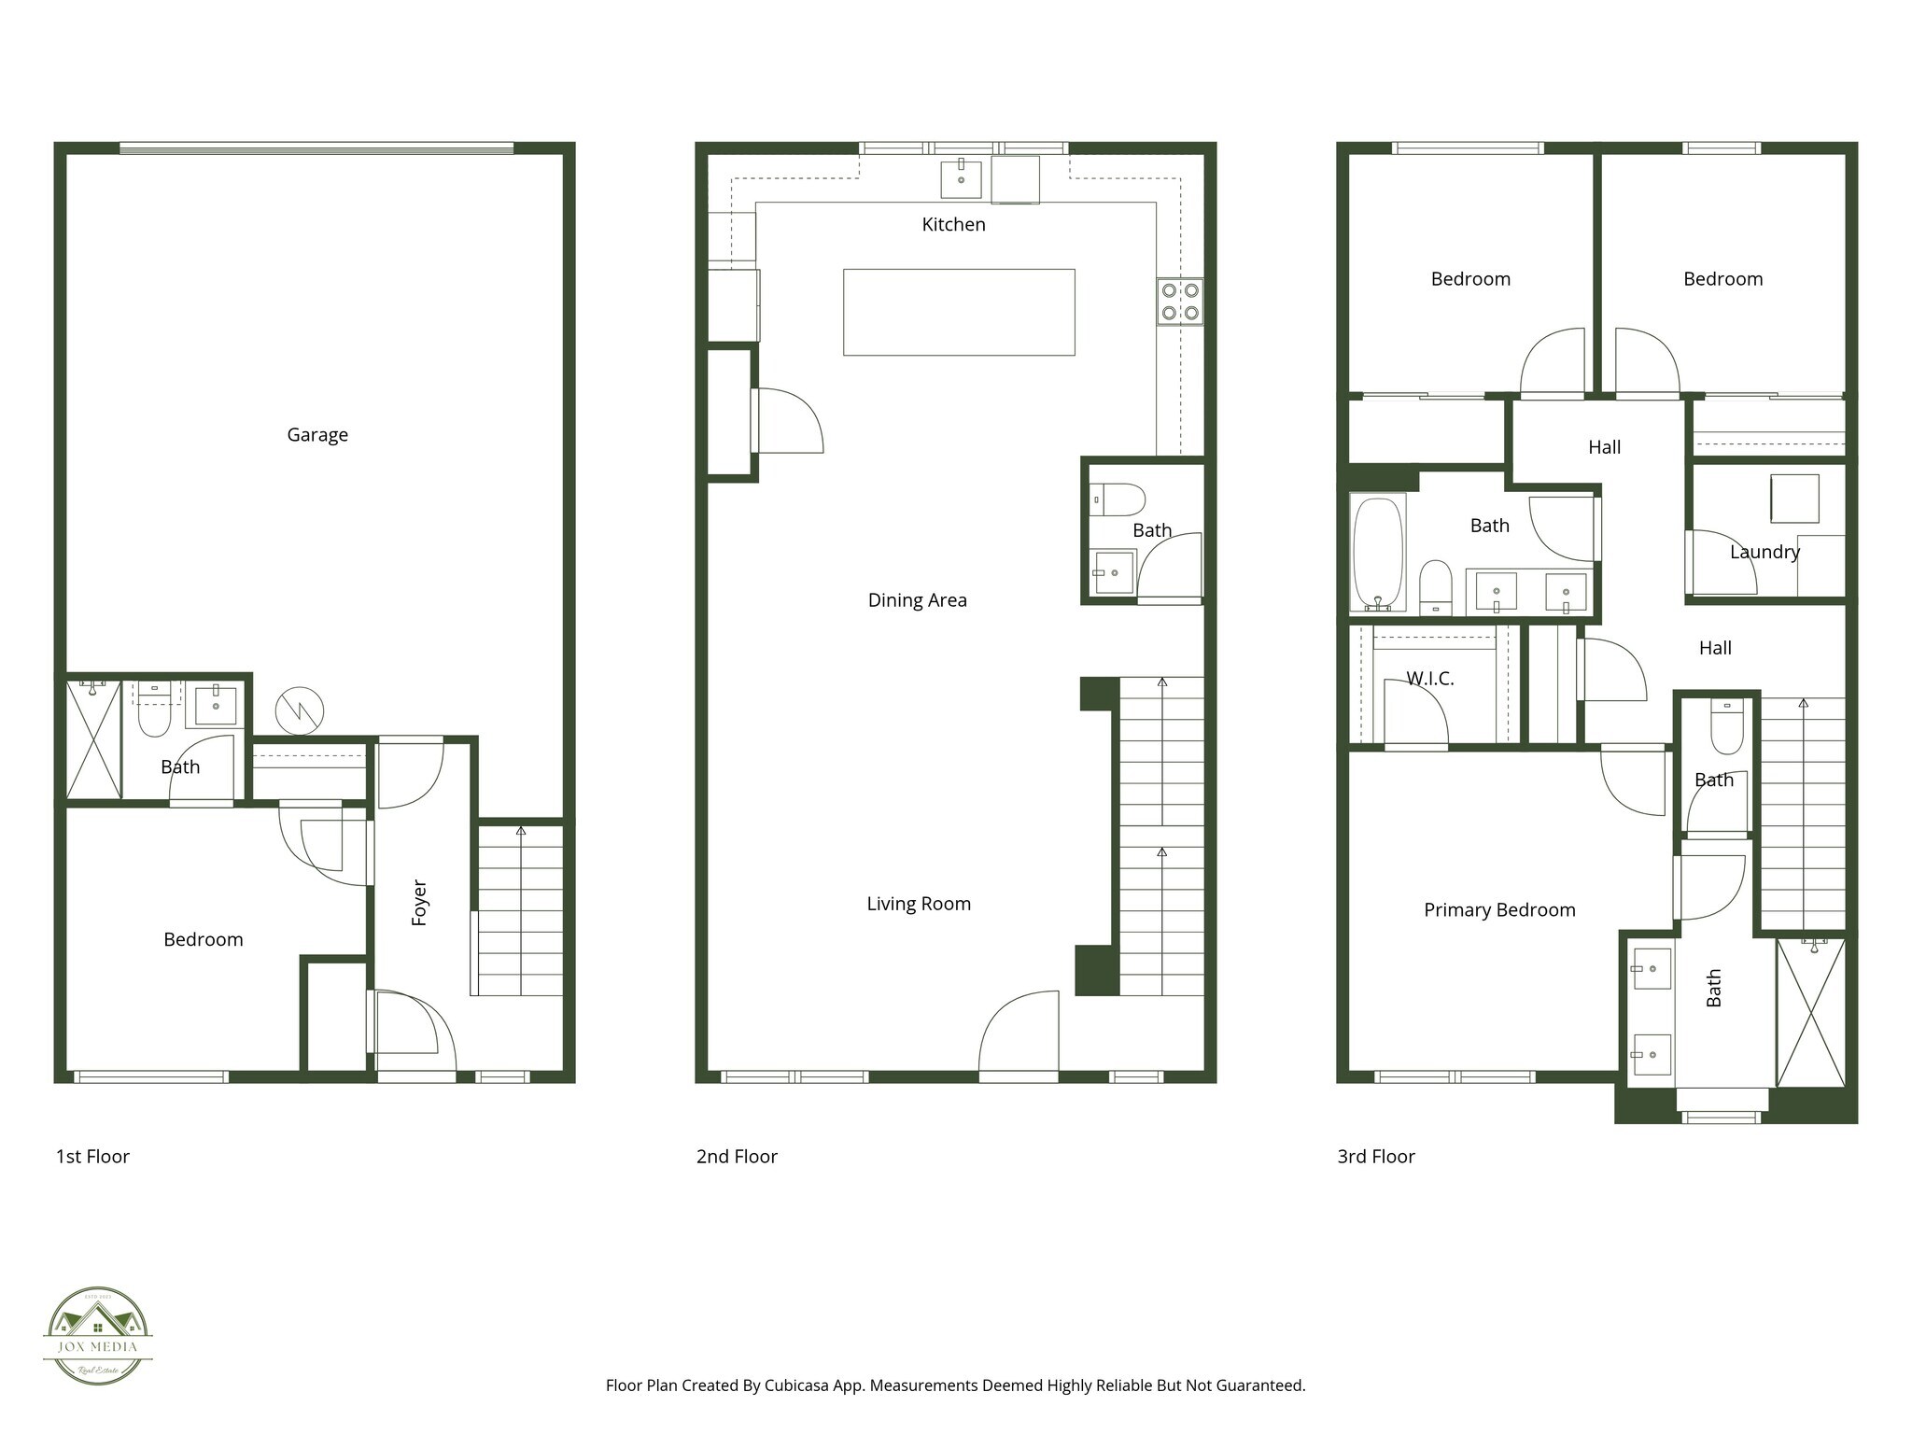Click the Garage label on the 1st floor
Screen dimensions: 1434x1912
317,435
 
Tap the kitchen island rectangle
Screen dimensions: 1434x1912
959,312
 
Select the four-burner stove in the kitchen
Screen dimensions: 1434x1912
1180,302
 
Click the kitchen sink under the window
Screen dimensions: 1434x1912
961,179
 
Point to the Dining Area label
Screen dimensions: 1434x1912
917,600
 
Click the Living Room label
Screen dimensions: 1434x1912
919,904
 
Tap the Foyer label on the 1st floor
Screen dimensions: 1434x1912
419,903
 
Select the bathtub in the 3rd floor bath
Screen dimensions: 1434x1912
1377,553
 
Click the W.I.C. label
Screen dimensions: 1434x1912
1429,679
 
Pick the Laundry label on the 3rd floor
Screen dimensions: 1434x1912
1764,552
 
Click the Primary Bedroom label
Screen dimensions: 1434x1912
1499,910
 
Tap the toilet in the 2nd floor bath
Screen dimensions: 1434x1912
1118,499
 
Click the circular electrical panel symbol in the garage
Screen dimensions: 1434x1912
300,711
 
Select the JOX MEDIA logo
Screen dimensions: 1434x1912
98,1336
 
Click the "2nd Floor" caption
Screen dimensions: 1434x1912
737,1157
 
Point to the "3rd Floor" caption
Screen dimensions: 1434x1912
1376,1157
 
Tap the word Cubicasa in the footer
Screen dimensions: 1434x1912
798,1385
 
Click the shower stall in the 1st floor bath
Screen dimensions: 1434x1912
94,740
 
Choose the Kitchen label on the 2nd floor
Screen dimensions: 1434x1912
953,224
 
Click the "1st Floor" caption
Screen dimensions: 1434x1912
92,1157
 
